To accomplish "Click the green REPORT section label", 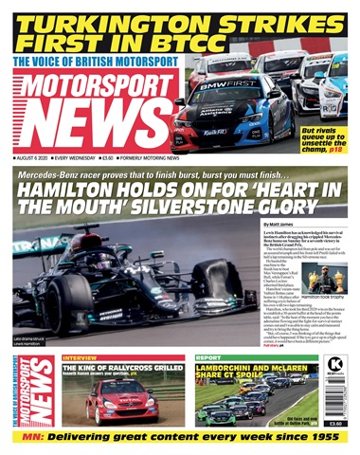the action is click(x=207, y=357).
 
